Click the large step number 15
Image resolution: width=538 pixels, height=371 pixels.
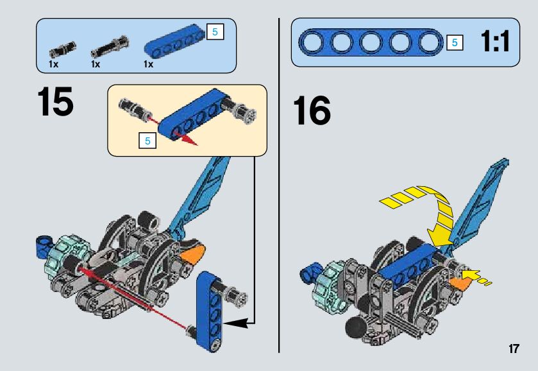(x=55, y=102)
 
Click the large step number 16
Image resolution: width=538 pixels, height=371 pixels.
(x=312, y=111)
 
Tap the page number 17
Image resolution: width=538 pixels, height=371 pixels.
(x=513, y=349)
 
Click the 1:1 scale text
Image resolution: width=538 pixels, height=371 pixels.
(x=494, y=43)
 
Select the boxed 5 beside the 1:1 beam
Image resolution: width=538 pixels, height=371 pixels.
(x=455, y=43)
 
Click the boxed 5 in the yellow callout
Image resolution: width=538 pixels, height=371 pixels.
(x=147, y=141)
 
